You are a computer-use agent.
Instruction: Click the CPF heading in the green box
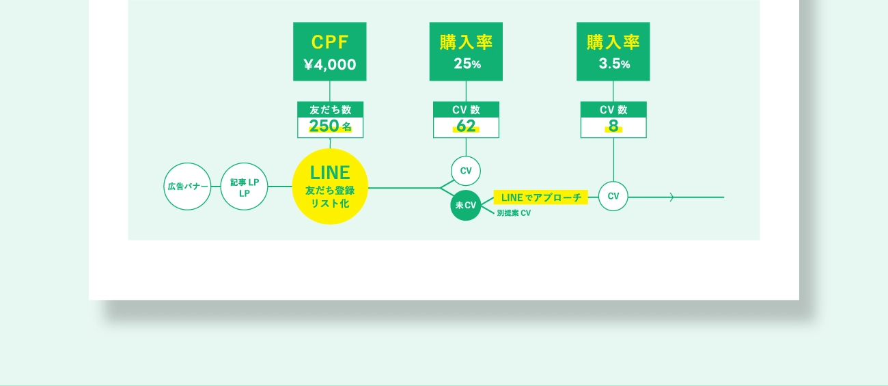tap(330, 42)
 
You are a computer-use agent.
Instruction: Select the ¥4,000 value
tap(330, 65)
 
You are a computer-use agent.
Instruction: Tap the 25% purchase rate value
tap(466, 65)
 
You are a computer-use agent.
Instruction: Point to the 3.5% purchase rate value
tap(613, 65)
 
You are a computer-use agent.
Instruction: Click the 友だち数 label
tap(330, 109)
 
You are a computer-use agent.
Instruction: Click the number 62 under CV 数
tap(466, 126)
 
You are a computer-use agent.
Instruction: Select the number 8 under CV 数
tap(613, 126)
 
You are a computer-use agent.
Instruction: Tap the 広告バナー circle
tap(188, 186)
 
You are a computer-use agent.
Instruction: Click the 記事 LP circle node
tap(244, 186)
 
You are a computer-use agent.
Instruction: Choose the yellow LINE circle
tap(330, 186)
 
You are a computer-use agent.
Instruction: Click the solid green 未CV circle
tap(466, 205)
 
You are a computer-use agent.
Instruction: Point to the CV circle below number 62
tap(466, 171)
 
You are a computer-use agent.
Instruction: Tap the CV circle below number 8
tap(613, 197)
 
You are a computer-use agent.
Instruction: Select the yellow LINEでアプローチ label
tap(540, 197)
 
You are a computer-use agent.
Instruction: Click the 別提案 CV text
tap(514, 214)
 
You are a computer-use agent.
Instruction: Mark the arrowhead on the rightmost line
tap(672, 197)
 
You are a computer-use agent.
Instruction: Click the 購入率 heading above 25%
tap(466, 42)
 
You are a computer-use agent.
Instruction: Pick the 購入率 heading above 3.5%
tap(613, 42)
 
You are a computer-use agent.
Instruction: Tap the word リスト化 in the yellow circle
tap(330, 203)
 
